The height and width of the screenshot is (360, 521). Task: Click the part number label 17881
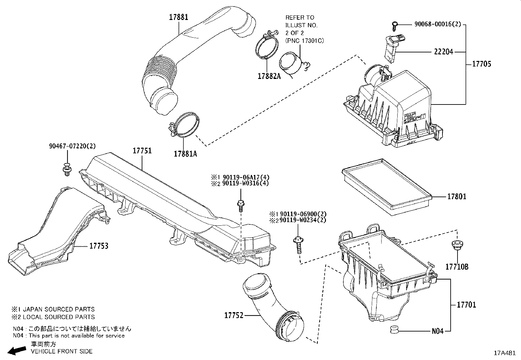coord(178,17)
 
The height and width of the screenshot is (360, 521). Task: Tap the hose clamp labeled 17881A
coord(184,126)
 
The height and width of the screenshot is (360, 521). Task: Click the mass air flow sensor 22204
coord(391,47)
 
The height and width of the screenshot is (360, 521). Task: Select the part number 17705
coord(481,64)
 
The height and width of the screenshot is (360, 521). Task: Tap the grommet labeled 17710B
coord(454,246)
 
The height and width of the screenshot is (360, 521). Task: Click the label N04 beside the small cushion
coord(438,331)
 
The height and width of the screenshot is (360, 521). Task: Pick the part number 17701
coord(466,305)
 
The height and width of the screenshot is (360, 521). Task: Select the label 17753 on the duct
coord(99,246)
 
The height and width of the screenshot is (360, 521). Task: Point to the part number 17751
coord(142,151)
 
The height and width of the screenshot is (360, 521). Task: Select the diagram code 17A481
coord(505,353)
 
